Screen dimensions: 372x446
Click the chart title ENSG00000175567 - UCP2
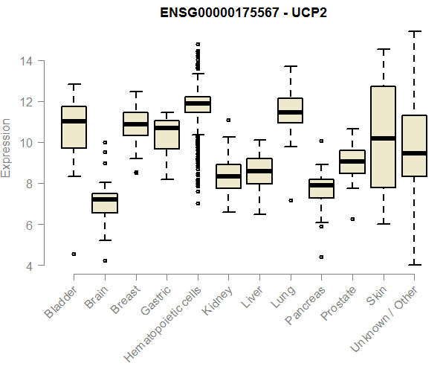pos(244,14)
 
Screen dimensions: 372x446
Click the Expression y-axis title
pos(7,147)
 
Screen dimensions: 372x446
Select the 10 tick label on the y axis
pos(28,143)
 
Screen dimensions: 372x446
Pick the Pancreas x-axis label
pos(303,304)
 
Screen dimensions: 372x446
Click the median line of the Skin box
pos(383,138)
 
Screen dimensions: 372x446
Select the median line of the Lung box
pos(290,112)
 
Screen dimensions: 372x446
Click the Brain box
pos(105,203)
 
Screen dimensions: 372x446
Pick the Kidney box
pos(228,176)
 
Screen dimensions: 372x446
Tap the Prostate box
pos(352,161)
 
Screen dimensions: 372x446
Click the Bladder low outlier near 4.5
pos(74,254)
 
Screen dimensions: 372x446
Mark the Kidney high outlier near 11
pos(228,120)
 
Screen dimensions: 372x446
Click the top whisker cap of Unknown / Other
pos(414,31)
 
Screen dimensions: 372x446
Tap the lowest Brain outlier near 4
pos(105,260)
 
